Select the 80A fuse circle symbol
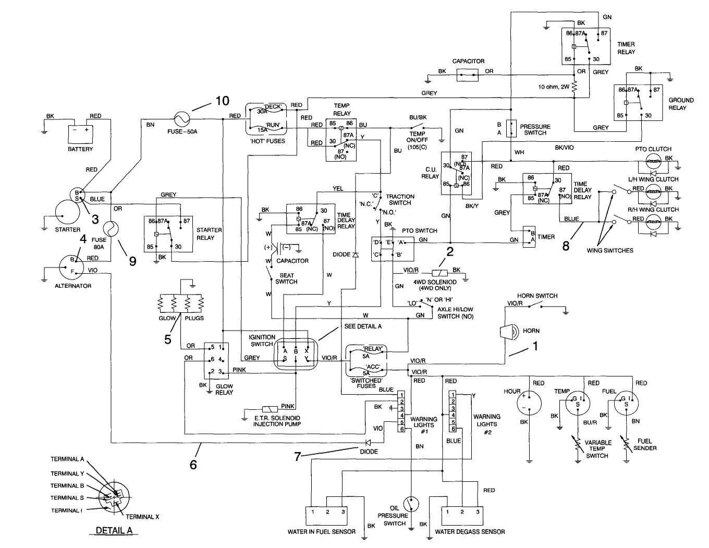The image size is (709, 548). point(112,228)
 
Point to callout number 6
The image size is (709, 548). point(193,464)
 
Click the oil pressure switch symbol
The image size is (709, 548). point(411,503)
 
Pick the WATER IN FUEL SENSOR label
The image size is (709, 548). point(321,532)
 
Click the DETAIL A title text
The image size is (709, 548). point(114,530)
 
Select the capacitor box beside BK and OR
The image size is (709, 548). point(468,75)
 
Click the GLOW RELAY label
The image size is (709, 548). point(224,389)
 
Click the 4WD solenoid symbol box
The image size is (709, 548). point(439,273)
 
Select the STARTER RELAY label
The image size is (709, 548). point(209,234)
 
